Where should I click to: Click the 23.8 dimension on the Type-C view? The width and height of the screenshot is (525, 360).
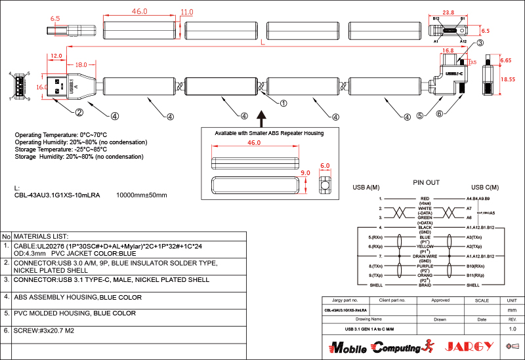pyautogui.click(x=448, y=12)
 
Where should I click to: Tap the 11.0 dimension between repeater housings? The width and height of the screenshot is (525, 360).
pyautogui.click(x=187, y=12)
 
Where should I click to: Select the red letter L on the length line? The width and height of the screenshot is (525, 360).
pyautogui.click(x=262, y=43)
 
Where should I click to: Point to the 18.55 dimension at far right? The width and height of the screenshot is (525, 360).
pyautogui.click(x=508, y=79)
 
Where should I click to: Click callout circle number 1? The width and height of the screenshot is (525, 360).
pyautogui.click(x=283, y=103)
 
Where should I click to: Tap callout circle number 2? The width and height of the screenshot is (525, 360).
pyautogui.click(x=79, y=112)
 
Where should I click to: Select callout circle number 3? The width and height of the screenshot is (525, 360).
pyautogui.click(x=480, y=43)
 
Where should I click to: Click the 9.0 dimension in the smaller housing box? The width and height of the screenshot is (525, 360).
pyautogui.click(x=304, y=172)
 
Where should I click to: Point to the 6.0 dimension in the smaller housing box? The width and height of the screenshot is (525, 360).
pyautogui.click(x=324, y=166)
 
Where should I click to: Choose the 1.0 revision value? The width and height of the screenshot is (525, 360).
pyautogui.click(x=513, y=328)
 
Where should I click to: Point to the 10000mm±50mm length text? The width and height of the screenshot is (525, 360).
pyautogui.click(x=142, y=195)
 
